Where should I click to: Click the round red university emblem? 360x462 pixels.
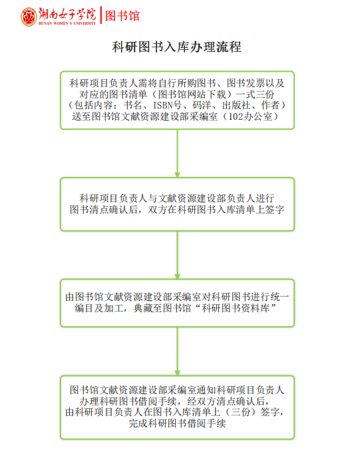pyautogui.click(x=29, y=17)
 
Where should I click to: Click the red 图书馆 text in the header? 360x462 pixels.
pyautogui.click(x=122, y=16)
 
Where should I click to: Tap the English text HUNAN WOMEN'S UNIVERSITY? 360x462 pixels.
pyautogui.click(x=67, y=23)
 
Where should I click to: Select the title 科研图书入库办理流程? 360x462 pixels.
pyautogui.click(x=177, y=47)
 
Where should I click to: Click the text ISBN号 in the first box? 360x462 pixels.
pyautogui.click(x=167, y=105)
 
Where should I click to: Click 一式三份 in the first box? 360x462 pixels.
pyautogui.click(x=255, y=95)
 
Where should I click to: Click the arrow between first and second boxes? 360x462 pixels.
pyautogui.click(x=178, y=153)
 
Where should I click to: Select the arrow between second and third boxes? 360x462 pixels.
pyautogui.click(x=178, y=255)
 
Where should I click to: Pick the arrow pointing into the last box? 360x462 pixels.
pyautogui.click(x=178, y=351)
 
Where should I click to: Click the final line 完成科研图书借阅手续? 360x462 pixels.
pyautogui.click(x=178, y=423)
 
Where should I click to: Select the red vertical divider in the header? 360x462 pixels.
pyautogui.click(x=100, y=15)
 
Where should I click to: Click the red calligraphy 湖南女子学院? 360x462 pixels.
pyautogui.click(x=67, y=14)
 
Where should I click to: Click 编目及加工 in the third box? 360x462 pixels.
pyautogui.click(x=99, y=308)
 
